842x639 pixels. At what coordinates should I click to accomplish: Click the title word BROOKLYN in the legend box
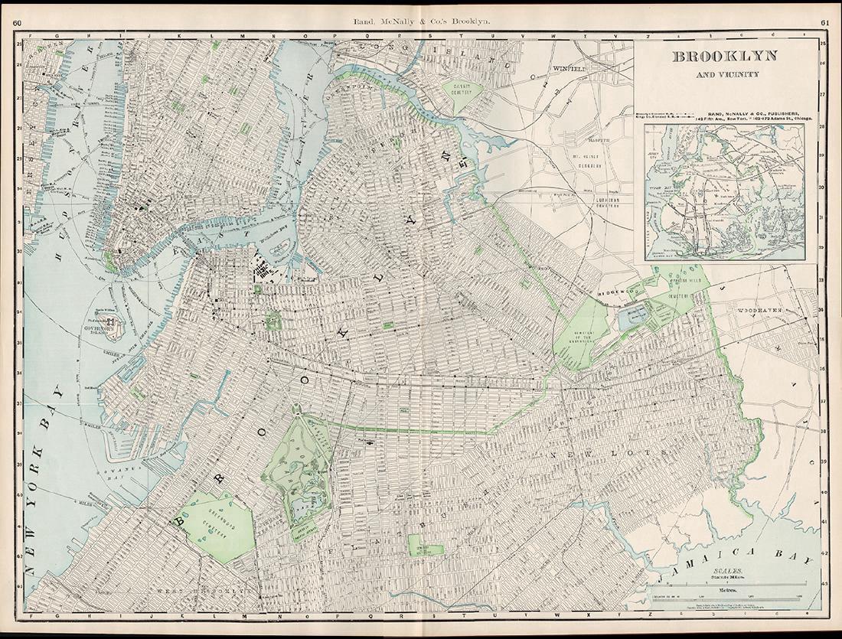coord(724,56)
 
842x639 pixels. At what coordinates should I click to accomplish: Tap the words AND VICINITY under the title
coord(724,75)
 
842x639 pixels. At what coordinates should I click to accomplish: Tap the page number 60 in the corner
coord(17,22)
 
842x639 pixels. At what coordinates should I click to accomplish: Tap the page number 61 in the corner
coord(825,22)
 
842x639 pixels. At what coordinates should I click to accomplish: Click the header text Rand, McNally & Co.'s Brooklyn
coord(420,23)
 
